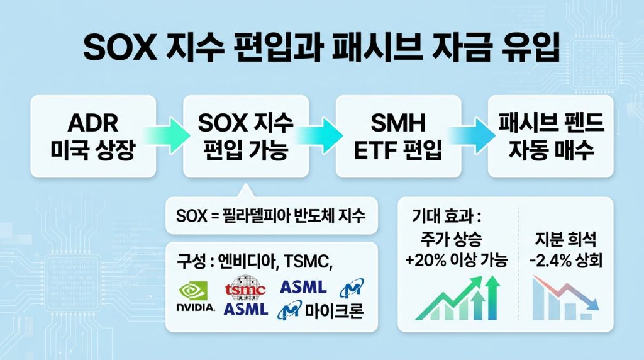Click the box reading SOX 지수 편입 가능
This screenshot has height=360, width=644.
point(246,136)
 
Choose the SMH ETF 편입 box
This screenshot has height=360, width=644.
point(398,136)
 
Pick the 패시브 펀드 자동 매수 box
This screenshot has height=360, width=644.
point(550,136)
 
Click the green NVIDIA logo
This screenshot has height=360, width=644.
point(197,296)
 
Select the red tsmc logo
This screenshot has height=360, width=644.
point(245,288)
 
